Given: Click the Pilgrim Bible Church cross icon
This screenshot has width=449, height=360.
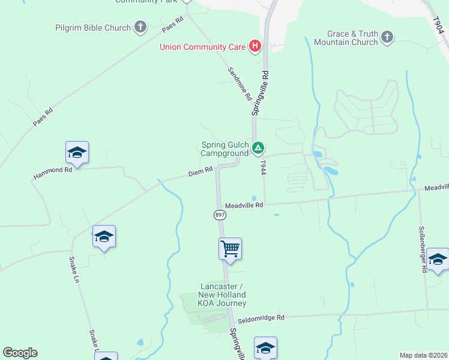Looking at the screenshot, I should [x=140, y=27].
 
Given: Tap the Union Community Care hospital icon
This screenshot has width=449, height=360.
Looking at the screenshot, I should [x=255, y=46].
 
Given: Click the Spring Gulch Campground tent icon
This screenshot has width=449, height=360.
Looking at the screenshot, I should [x=258, y=147].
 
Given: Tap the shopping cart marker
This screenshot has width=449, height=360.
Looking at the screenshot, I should [x=231, y=248].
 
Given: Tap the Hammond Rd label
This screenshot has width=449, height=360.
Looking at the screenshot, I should [x=53, y=170].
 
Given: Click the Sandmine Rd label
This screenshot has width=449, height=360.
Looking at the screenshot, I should [x=239, y=83].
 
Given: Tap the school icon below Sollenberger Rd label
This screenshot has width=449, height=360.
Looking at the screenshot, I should [x=437, y=259].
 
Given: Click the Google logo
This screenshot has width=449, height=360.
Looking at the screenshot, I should [x=20, y=353].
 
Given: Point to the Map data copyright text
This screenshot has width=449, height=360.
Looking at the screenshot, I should [x=423, y=355].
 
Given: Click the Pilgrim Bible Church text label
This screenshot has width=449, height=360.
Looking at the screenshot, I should [x=93, y=28].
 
